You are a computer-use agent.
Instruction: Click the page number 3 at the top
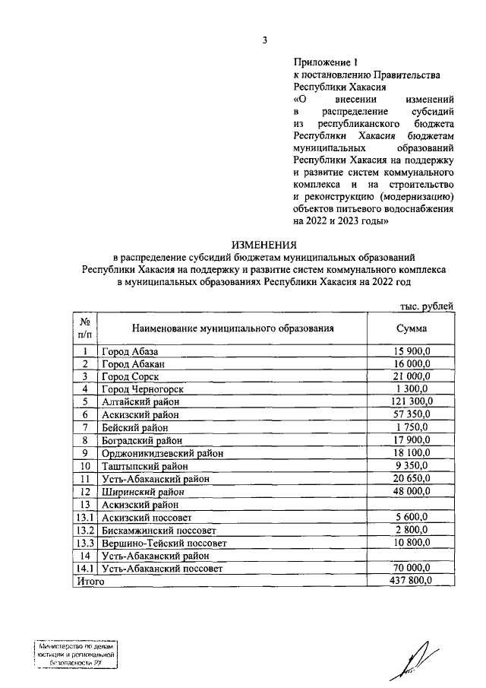click(264, 40)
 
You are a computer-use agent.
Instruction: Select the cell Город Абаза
click(131, 352)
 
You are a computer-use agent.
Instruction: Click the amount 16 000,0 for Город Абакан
click(411, 364)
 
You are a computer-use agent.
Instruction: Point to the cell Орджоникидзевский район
click(163, 452)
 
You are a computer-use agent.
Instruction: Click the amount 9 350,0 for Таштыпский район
click(412, 465)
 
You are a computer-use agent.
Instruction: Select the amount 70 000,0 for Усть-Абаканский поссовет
click(411, 568)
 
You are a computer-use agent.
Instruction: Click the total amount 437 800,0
click(411, 581)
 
